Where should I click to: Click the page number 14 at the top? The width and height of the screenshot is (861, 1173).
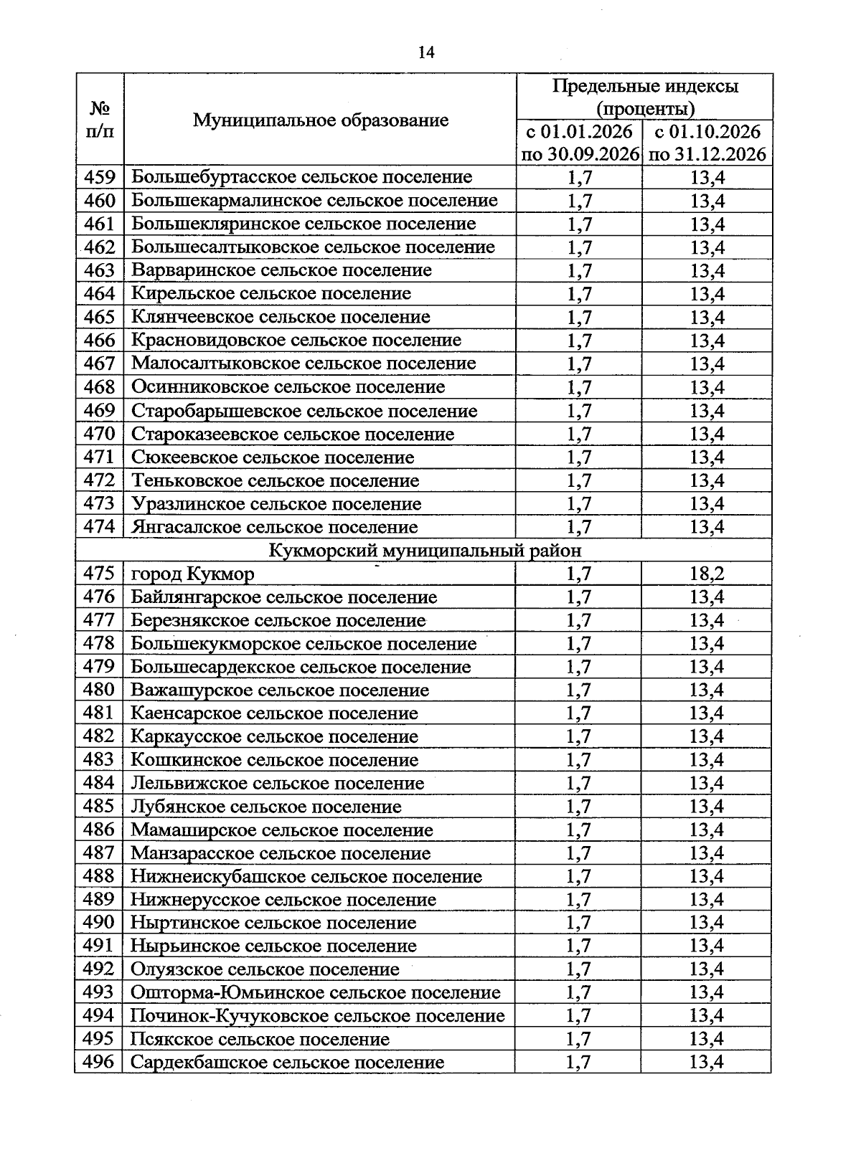(x=425, y=52)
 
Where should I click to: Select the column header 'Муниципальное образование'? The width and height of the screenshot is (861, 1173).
(x=320, y=120)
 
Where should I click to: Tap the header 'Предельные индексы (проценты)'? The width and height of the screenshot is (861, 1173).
(x=644, y=98)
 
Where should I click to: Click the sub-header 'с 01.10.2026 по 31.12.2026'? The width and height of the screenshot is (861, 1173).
(x=707, y=143)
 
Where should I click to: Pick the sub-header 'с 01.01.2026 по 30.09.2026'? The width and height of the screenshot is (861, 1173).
(x=579, y=143)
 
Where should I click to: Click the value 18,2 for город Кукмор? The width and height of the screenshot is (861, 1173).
(x=707, y=574)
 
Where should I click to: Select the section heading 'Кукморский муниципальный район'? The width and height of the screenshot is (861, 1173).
(x=425, y=550)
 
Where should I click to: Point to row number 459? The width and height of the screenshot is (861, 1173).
(x=100, y=177)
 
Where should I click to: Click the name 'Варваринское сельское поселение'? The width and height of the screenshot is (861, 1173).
(x=281, y=270)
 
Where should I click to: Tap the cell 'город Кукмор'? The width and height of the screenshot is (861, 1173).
(x=192, y=574)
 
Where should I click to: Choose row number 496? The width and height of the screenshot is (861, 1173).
(x=99, y=1062)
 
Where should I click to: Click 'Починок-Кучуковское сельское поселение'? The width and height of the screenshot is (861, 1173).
(x=317, y=1015)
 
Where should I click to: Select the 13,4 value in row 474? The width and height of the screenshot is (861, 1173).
(x=707, y=527)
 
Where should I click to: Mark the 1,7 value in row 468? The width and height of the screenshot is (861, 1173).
(x=579, y=387)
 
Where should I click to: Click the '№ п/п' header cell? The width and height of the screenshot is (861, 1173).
(x=100, y=120)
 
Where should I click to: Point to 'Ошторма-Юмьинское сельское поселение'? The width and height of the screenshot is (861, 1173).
(x=315, y=992)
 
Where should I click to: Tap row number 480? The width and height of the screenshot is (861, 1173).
(x=99, y=690)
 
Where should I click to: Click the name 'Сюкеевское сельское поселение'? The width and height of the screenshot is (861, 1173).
(x=273, y=457)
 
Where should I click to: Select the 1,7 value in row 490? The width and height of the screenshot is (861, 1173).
(x=578, y=923)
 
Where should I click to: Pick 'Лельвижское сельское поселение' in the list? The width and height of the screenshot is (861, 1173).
(x=277, y=783)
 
